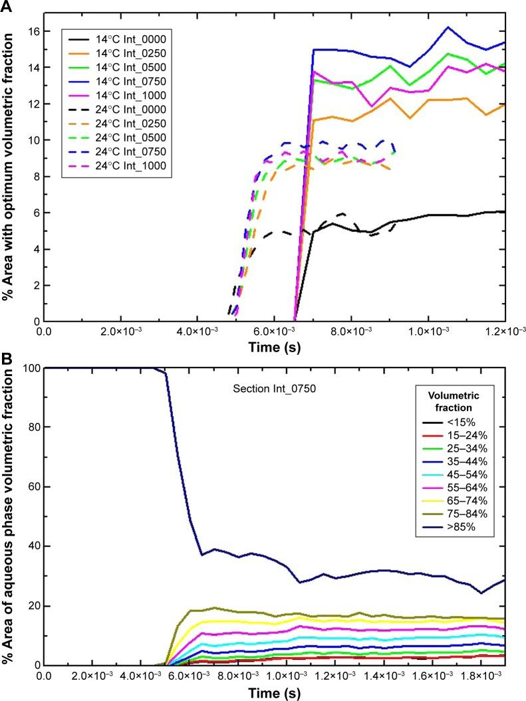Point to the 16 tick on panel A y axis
(34, 32)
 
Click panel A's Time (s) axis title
(273, 347)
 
